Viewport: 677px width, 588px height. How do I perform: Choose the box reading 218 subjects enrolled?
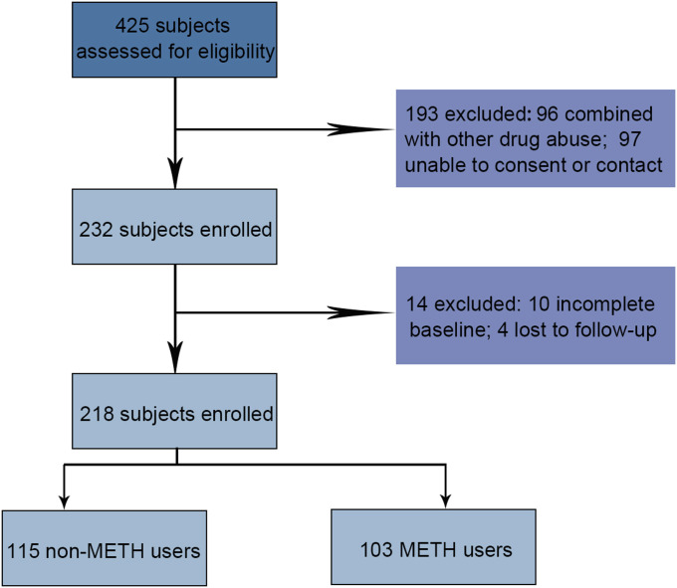pyautogui.click(x=176, y=409)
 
